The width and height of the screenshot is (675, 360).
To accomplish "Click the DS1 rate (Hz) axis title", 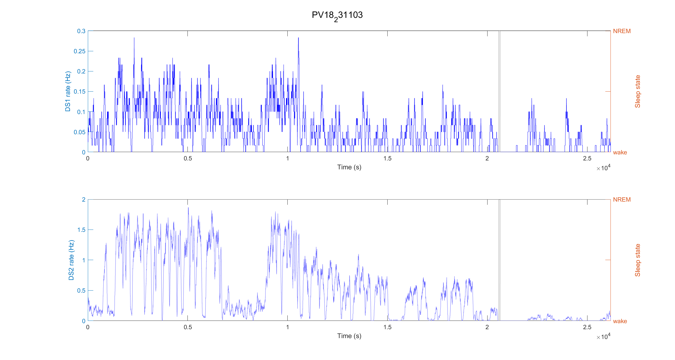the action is [68, 91].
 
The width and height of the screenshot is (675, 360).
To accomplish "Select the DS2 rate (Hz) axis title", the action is [71, 260].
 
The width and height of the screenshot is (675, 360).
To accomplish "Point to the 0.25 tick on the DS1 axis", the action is [80, 51].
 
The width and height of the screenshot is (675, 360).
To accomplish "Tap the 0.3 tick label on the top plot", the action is [81, 31].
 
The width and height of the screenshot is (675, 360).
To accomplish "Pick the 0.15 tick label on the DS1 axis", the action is [80, 92].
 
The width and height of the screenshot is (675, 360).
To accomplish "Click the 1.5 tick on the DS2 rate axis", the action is [82, 230].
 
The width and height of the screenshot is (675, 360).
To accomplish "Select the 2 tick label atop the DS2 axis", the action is [84, 200].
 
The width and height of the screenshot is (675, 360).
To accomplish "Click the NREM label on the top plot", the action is [622, 31].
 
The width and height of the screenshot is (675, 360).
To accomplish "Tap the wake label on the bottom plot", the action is [620, 321].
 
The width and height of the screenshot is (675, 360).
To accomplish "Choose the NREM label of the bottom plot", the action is [622, 200].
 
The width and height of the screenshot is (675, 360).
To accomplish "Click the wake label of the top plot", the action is [620, 152].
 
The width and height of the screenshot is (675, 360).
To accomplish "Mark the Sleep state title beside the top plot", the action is [638, 92].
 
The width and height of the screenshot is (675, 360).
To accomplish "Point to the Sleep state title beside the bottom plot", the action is [638, 260].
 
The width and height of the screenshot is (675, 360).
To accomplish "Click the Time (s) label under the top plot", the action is [349, 167].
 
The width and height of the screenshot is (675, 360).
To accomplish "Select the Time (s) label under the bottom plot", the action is [349, 336].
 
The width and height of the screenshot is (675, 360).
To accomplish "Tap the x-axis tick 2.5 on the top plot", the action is [587, 158].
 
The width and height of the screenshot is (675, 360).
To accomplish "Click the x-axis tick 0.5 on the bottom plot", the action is [188, 327].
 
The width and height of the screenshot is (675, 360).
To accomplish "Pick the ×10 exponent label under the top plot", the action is [604, 168].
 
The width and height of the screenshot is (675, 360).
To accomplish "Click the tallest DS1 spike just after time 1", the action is [298, 38].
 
